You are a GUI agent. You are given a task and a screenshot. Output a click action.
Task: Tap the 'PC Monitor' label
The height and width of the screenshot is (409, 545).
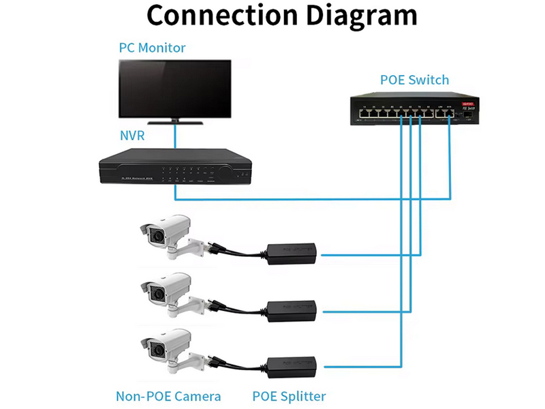coord(152,48)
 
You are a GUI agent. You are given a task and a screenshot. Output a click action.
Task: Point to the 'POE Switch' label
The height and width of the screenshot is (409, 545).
coord(414,80)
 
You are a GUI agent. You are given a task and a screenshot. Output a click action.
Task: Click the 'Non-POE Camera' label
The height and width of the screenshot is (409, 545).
coord(168,396)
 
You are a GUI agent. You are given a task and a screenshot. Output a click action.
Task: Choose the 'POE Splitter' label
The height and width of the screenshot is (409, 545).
coord(289,396)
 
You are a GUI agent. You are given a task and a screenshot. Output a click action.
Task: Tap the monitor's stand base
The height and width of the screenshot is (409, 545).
coord(175,123)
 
